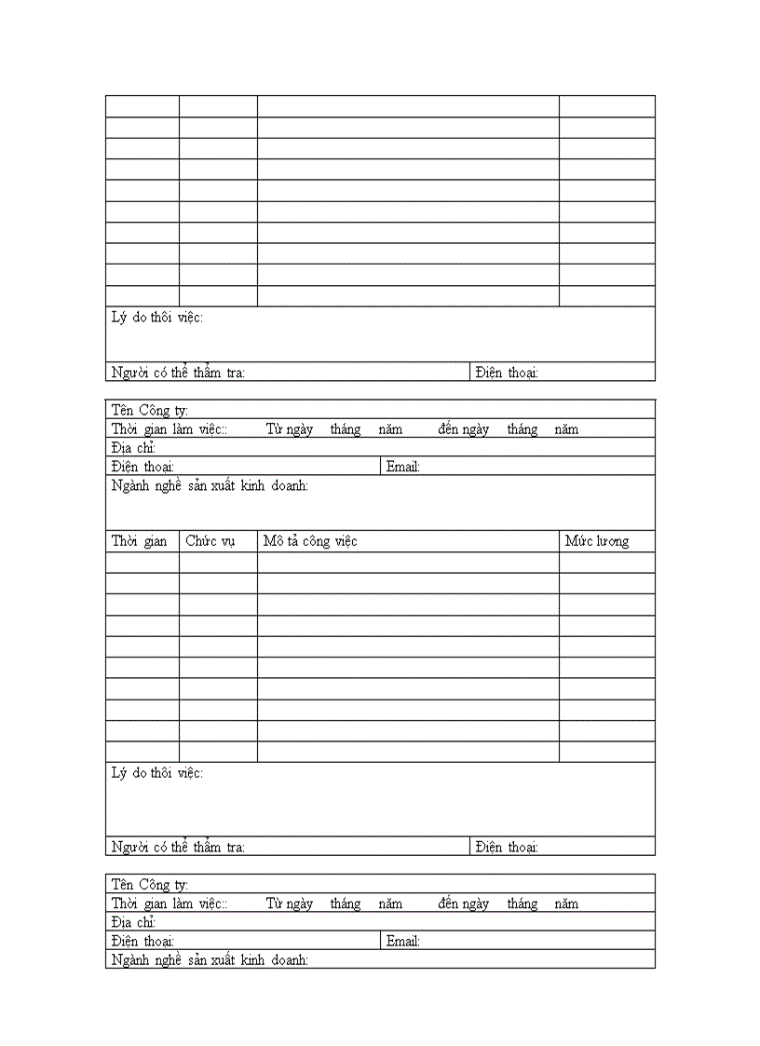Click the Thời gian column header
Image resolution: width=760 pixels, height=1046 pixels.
(x=140, y=541)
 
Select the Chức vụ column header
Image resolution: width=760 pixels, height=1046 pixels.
(x=210, y=541)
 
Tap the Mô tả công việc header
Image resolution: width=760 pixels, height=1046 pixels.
(x=310, y=541)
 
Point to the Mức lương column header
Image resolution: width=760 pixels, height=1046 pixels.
(x=597, y=541)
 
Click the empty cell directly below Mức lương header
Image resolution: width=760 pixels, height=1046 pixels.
(x=606, y=563)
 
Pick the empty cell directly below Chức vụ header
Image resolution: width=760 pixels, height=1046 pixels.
(x=218, y=563)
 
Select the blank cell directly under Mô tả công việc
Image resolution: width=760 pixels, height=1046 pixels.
(x=408, y=563)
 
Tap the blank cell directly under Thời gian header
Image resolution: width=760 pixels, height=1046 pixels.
(x=142, y=563)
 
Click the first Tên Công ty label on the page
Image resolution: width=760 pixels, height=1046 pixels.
(x=150, y=411)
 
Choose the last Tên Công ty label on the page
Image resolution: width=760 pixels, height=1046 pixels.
(x=150, y=885)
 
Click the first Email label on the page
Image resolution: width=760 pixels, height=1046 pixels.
(x=403, y=467)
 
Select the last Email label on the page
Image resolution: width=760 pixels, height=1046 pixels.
(x=403, y=941)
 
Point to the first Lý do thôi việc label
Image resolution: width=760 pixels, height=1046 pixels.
(x=157, y=318)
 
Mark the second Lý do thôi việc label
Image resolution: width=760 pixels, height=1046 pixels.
(x=157, y=773)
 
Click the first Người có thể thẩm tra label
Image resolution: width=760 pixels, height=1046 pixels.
(x=178, y=373)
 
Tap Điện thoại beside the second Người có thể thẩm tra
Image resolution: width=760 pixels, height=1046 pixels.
(x=507, y=847)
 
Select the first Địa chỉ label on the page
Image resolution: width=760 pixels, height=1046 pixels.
(x=133, y=448)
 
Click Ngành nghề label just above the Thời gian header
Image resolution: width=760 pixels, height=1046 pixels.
(x=210, y=485)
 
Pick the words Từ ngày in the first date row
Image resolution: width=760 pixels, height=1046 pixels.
(x=290, y=429)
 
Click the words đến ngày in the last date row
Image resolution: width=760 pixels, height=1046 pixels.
(x=464, y=903)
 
